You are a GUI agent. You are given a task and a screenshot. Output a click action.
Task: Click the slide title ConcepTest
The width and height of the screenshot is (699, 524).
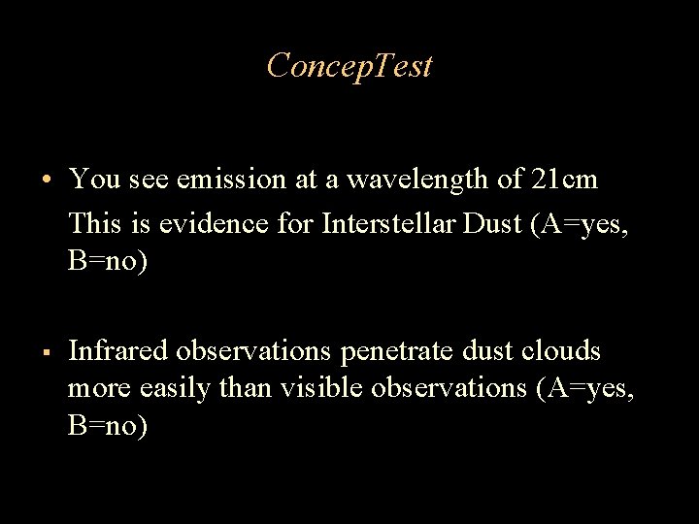tap(349, 66)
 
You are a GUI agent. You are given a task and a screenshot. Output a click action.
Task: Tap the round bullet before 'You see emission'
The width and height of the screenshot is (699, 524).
tap(47, 180)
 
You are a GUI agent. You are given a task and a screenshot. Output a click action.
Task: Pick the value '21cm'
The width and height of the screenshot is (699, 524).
tap(565, 180)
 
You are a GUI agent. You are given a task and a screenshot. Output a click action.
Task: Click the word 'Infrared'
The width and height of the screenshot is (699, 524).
tap(116, 351)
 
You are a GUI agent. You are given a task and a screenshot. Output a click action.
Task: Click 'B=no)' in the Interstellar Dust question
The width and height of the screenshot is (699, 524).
tap(109, 263)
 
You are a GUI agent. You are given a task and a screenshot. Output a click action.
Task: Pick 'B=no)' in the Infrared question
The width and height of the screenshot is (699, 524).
tap(109, 428)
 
